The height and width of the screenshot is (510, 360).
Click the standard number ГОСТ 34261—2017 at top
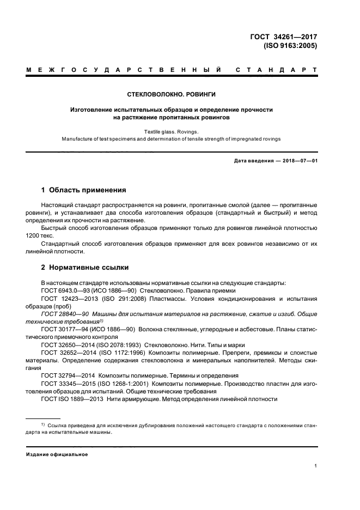pyautogui.click(x=282, y=37)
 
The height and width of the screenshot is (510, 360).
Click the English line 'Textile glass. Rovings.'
pyautogui.click(x=172, y=131)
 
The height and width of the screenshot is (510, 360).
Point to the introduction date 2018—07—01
pyautogui.click(x=297, y=161)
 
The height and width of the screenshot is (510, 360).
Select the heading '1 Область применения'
pyautogui.click(x=84, y=190)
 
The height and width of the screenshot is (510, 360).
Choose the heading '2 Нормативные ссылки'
pyautogui.click(x=85, y=268)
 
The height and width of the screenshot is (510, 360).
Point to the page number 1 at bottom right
pyautogui.click(x=316, y=466)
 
